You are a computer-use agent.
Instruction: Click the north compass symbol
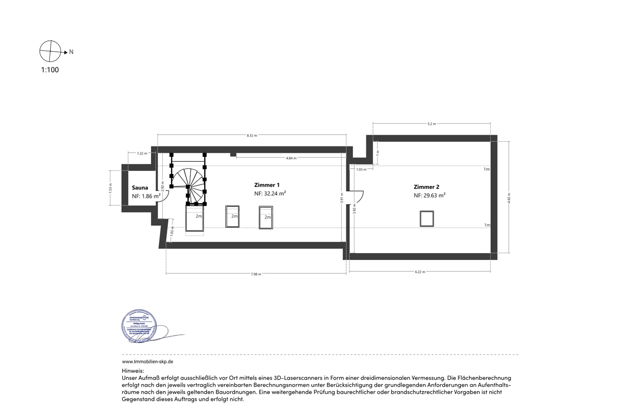[x=50, y=51]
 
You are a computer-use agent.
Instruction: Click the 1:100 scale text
[x=50, y=70]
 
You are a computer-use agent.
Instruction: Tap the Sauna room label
[x=140, y=188]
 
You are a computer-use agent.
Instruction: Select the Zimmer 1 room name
[x=267, y=185]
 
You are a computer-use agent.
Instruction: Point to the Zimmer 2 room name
[x=426, y=187]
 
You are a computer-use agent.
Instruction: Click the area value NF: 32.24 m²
[x=270, y=194]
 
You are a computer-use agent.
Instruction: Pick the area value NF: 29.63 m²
[x=429, y=195]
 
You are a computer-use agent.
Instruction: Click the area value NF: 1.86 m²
[x=146, y=196]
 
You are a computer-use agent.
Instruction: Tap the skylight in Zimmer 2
[x=427, y=219]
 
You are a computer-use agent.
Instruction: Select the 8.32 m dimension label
[x=252, y=135]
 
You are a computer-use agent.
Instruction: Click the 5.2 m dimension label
[x=432, y=124]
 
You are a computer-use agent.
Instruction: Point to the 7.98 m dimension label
[x=256, y=274]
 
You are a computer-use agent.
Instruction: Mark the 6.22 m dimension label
[x=420, y=272]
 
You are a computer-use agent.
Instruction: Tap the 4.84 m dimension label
[x=291, y=158]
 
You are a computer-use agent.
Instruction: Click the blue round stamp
[x=139, y=326]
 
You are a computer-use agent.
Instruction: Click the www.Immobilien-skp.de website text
[x=148, y=362]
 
